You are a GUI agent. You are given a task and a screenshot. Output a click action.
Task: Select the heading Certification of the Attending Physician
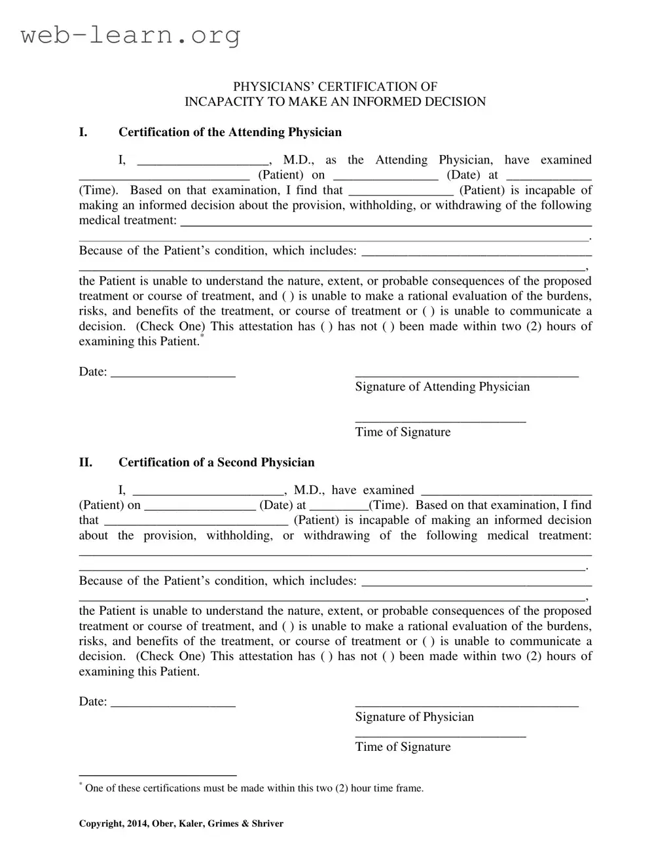coord(230,132)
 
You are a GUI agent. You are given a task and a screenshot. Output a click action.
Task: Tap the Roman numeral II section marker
coord(86,462)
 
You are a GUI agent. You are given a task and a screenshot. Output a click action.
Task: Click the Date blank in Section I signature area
coord(173,373)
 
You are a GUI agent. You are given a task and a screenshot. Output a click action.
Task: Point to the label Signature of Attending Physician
coord(442,387)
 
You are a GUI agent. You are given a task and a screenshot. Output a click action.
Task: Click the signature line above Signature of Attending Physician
coord(466,375)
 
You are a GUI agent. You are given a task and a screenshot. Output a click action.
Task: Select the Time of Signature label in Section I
coord(403,432)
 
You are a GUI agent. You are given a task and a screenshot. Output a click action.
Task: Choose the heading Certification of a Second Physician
coord(216,462)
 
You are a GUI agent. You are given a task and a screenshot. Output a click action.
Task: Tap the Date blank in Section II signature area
coord(173,703)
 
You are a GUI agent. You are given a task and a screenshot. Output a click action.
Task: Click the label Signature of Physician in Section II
coord(414,717)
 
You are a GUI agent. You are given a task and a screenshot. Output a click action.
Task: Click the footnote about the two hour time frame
coord(254,788)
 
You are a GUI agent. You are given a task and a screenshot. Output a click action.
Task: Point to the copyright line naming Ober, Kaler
coord(181,824)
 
